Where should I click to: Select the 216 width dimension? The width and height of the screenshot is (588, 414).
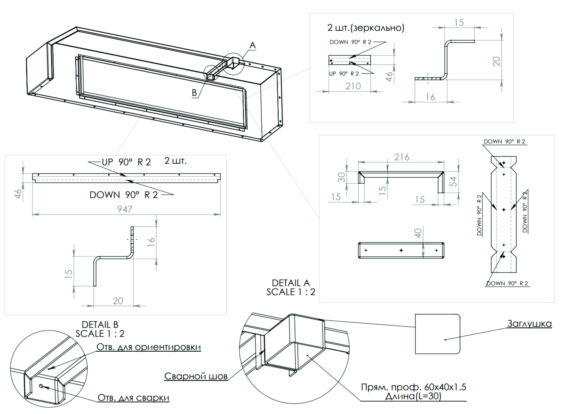coord(402,157)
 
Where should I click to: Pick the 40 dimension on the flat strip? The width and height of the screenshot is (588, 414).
coord(418,233)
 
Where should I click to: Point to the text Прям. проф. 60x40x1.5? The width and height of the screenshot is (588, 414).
coord(413,387)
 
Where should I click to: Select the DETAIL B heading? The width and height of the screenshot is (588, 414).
coord(100,325)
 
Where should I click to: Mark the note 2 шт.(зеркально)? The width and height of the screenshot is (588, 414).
coord(366,28)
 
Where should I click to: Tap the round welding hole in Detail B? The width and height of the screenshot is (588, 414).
coord(41,386)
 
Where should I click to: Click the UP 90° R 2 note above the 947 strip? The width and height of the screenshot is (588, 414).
coord(126,162)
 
